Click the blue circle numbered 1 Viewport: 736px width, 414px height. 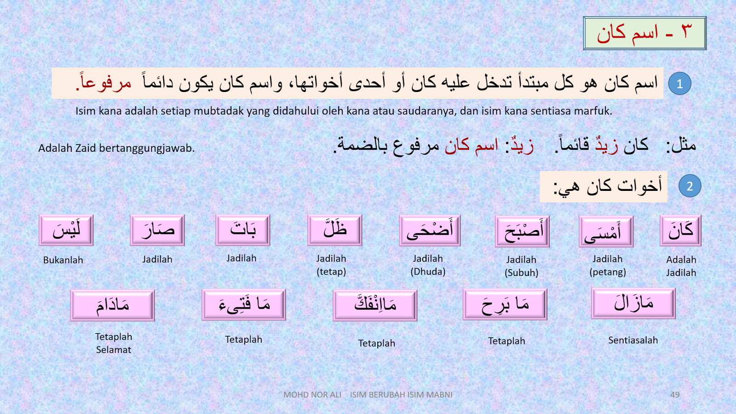pos(679,84)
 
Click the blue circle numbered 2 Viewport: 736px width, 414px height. pos(690,186)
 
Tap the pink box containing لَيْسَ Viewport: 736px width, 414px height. pos(66,230)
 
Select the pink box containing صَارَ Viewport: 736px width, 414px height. pos(157,230)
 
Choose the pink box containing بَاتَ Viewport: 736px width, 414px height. pos(243,230)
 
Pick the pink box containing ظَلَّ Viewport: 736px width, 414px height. pos(335,230)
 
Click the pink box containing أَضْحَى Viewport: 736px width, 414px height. pos(430,230)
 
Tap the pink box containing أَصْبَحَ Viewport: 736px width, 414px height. pos(522,231)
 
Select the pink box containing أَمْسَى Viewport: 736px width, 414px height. pos(606,231)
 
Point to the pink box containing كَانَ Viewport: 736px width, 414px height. pos(680,230)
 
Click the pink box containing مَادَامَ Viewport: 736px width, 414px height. pos(112,305)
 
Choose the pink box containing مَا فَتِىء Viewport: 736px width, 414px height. pos(244,305)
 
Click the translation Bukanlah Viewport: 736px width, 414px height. pos(63,260)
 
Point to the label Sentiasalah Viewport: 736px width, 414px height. pos(633,340)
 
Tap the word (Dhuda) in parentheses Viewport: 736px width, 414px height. pos(428,271)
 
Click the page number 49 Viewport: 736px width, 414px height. pos(675,395)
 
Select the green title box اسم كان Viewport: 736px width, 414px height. pos(644,33)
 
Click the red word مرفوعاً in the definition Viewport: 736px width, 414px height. pos(104,83)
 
